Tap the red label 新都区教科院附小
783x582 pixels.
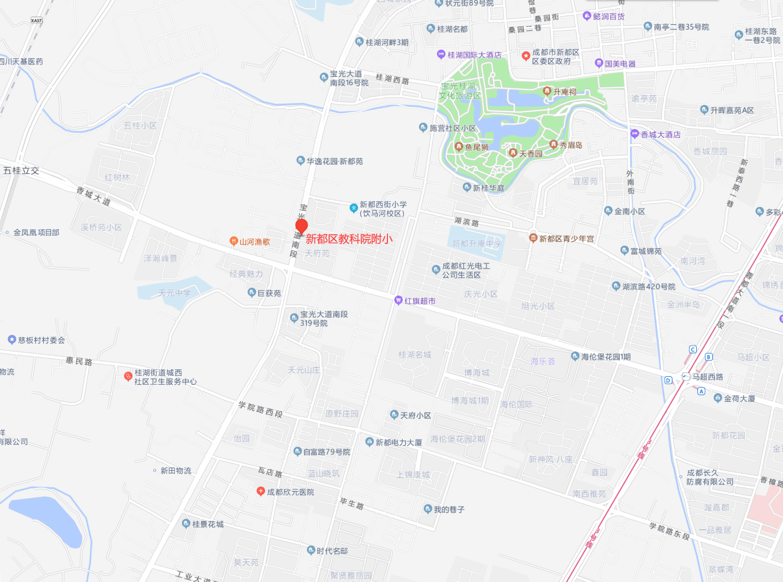(349, 239)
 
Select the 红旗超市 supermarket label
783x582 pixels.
(420, 301)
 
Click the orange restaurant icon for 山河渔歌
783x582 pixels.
(233, 241)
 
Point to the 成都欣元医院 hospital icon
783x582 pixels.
(261, 491)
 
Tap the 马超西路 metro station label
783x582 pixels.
(707, 377)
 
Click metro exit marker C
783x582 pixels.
(693, 350)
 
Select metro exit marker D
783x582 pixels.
(668, 380)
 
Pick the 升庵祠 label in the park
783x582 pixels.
(565, 92)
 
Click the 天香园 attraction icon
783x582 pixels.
(513, 153)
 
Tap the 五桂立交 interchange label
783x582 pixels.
(21, 170)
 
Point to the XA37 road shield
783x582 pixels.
(36, 20)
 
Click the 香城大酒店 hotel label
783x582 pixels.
(660, 135)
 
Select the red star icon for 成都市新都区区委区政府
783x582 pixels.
(526, 56)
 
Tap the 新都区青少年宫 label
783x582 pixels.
(566, 239)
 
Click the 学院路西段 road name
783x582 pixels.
(260, 409)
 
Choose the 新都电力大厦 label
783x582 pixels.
(399, 442)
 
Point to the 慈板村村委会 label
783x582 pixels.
(41, 340)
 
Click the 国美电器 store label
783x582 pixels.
(620, 64)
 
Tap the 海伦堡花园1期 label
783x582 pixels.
(606, 357)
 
